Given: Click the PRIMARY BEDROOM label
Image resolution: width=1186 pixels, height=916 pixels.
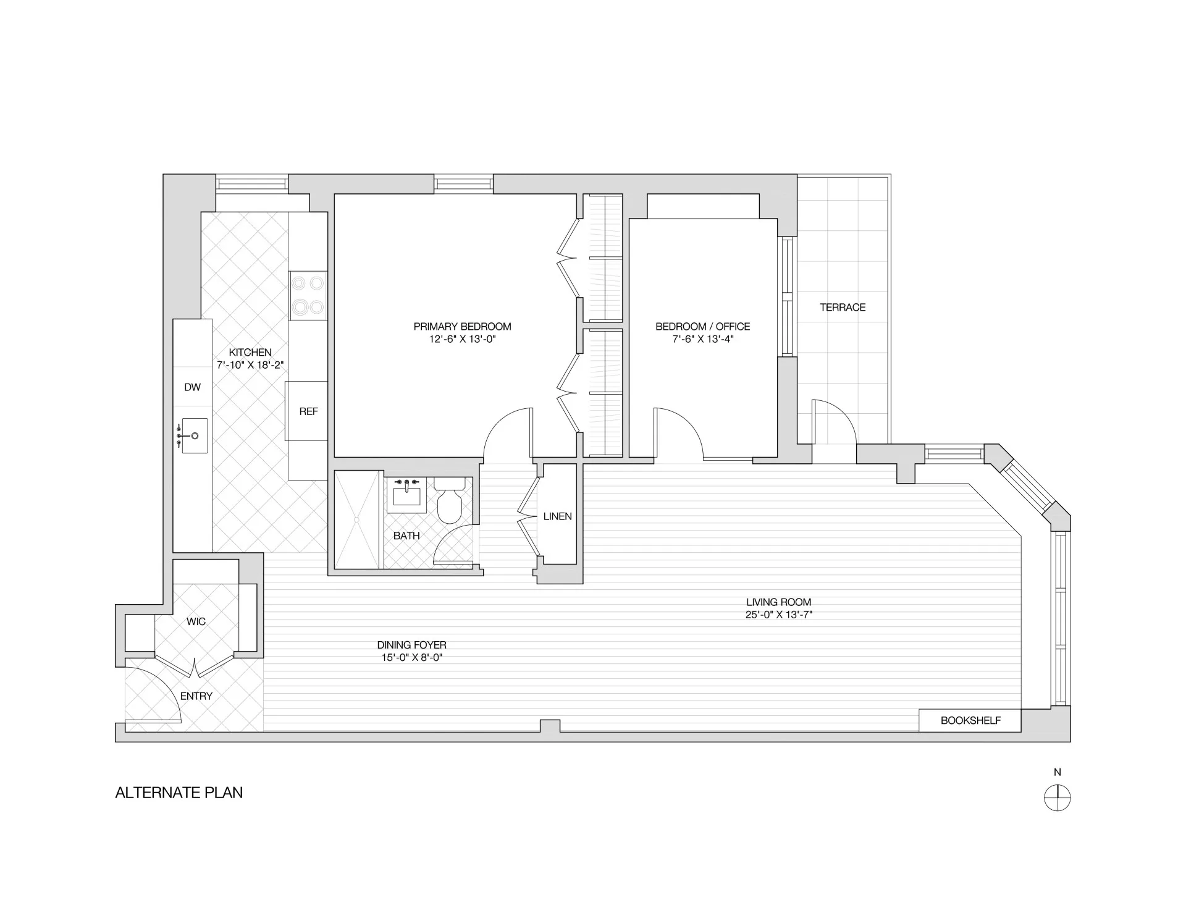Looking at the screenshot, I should (462, 326).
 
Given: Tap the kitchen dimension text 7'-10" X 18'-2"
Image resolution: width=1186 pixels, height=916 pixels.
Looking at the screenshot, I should (250, 365).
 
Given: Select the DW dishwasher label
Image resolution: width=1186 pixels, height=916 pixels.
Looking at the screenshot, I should (193, 387).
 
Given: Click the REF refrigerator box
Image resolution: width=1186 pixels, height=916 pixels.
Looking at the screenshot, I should (307, 411).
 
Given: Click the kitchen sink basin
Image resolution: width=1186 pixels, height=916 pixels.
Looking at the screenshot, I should (195, 435).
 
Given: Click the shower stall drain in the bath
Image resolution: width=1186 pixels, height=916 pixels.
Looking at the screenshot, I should (356, 519).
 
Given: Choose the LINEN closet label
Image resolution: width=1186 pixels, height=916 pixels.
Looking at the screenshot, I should (557, 516).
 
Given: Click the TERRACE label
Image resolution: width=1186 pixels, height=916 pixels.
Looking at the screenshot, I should (843, 307).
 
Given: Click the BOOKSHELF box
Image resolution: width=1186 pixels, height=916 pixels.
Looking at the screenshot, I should (970, 720).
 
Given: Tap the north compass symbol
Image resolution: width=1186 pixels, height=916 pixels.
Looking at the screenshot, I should (1057, 797).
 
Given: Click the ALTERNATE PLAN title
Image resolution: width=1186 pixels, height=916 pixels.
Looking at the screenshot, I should (179, 792).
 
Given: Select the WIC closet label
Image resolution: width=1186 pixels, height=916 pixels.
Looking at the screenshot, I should (196, 621).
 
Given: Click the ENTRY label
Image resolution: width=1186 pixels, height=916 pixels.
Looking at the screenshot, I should (196, 696).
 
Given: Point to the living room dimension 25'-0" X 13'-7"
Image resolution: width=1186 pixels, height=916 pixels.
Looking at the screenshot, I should (778, 615).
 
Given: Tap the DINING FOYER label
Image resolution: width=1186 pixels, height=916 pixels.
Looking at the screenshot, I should (411, 645).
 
